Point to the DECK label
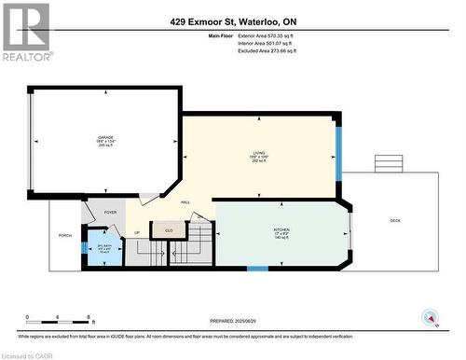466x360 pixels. [394, 221]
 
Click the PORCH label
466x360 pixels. [65, 235]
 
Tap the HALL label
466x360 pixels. [185, 202]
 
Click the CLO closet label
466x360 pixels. [169, 229]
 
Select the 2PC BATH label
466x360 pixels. [104, 247]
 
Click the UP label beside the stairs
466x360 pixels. [137, 232]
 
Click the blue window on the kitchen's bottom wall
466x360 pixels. [257, 269]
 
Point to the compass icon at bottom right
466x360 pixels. [429, 317]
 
